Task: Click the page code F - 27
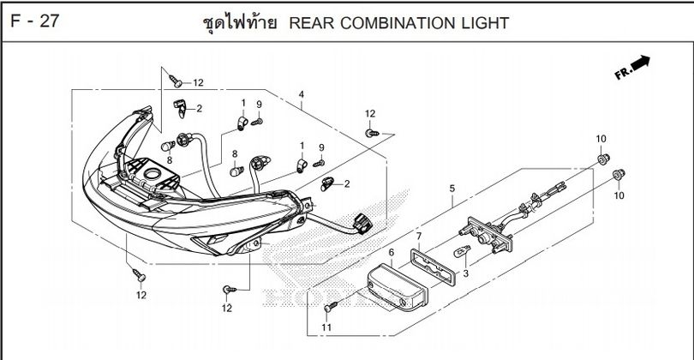(x=35, y=21)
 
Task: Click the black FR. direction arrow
(x=638, y=63)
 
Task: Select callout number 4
(x=301, y=94)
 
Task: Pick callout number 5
(x=452, y=189)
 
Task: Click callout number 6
(x=391, y=253)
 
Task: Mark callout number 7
(x=419, y=236)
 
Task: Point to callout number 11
(x=326, y=327)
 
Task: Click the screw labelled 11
(x=332, y=306)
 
